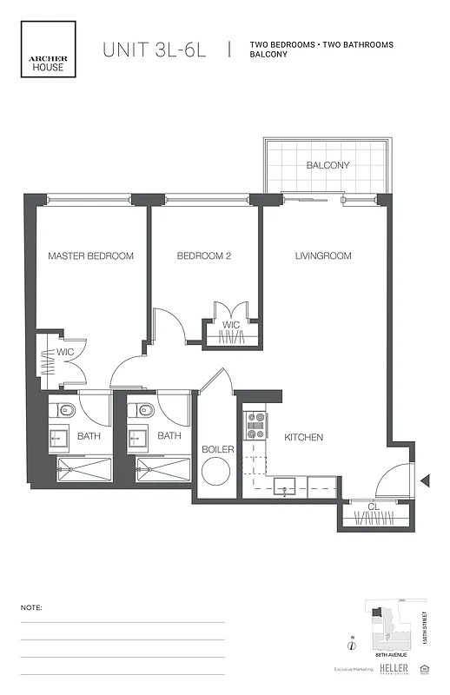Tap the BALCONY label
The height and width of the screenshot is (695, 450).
coord(328,165)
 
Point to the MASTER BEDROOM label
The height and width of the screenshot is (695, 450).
coord(90,256)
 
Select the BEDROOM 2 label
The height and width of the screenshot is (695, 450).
coord(204,256)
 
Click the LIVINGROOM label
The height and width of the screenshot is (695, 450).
coord(322,256)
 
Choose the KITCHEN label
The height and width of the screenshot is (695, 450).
coord(304,437)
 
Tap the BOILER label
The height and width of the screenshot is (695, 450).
coord(217,449)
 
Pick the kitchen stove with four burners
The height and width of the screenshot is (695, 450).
coord(256,424)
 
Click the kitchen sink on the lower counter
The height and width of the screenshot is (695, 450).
coord(287,486)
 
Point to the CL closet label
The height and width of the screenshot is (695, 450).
coord(373,506)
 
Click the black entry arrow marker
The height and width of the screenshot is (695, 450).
coord(425,480)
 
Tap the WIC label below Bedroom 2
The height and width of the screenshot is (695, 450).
coord(230,325)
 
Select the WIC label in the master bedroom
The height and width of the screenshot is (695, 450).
coord(65,352)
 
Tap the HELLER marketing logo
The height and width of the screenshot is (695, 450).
coord(393,668)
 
